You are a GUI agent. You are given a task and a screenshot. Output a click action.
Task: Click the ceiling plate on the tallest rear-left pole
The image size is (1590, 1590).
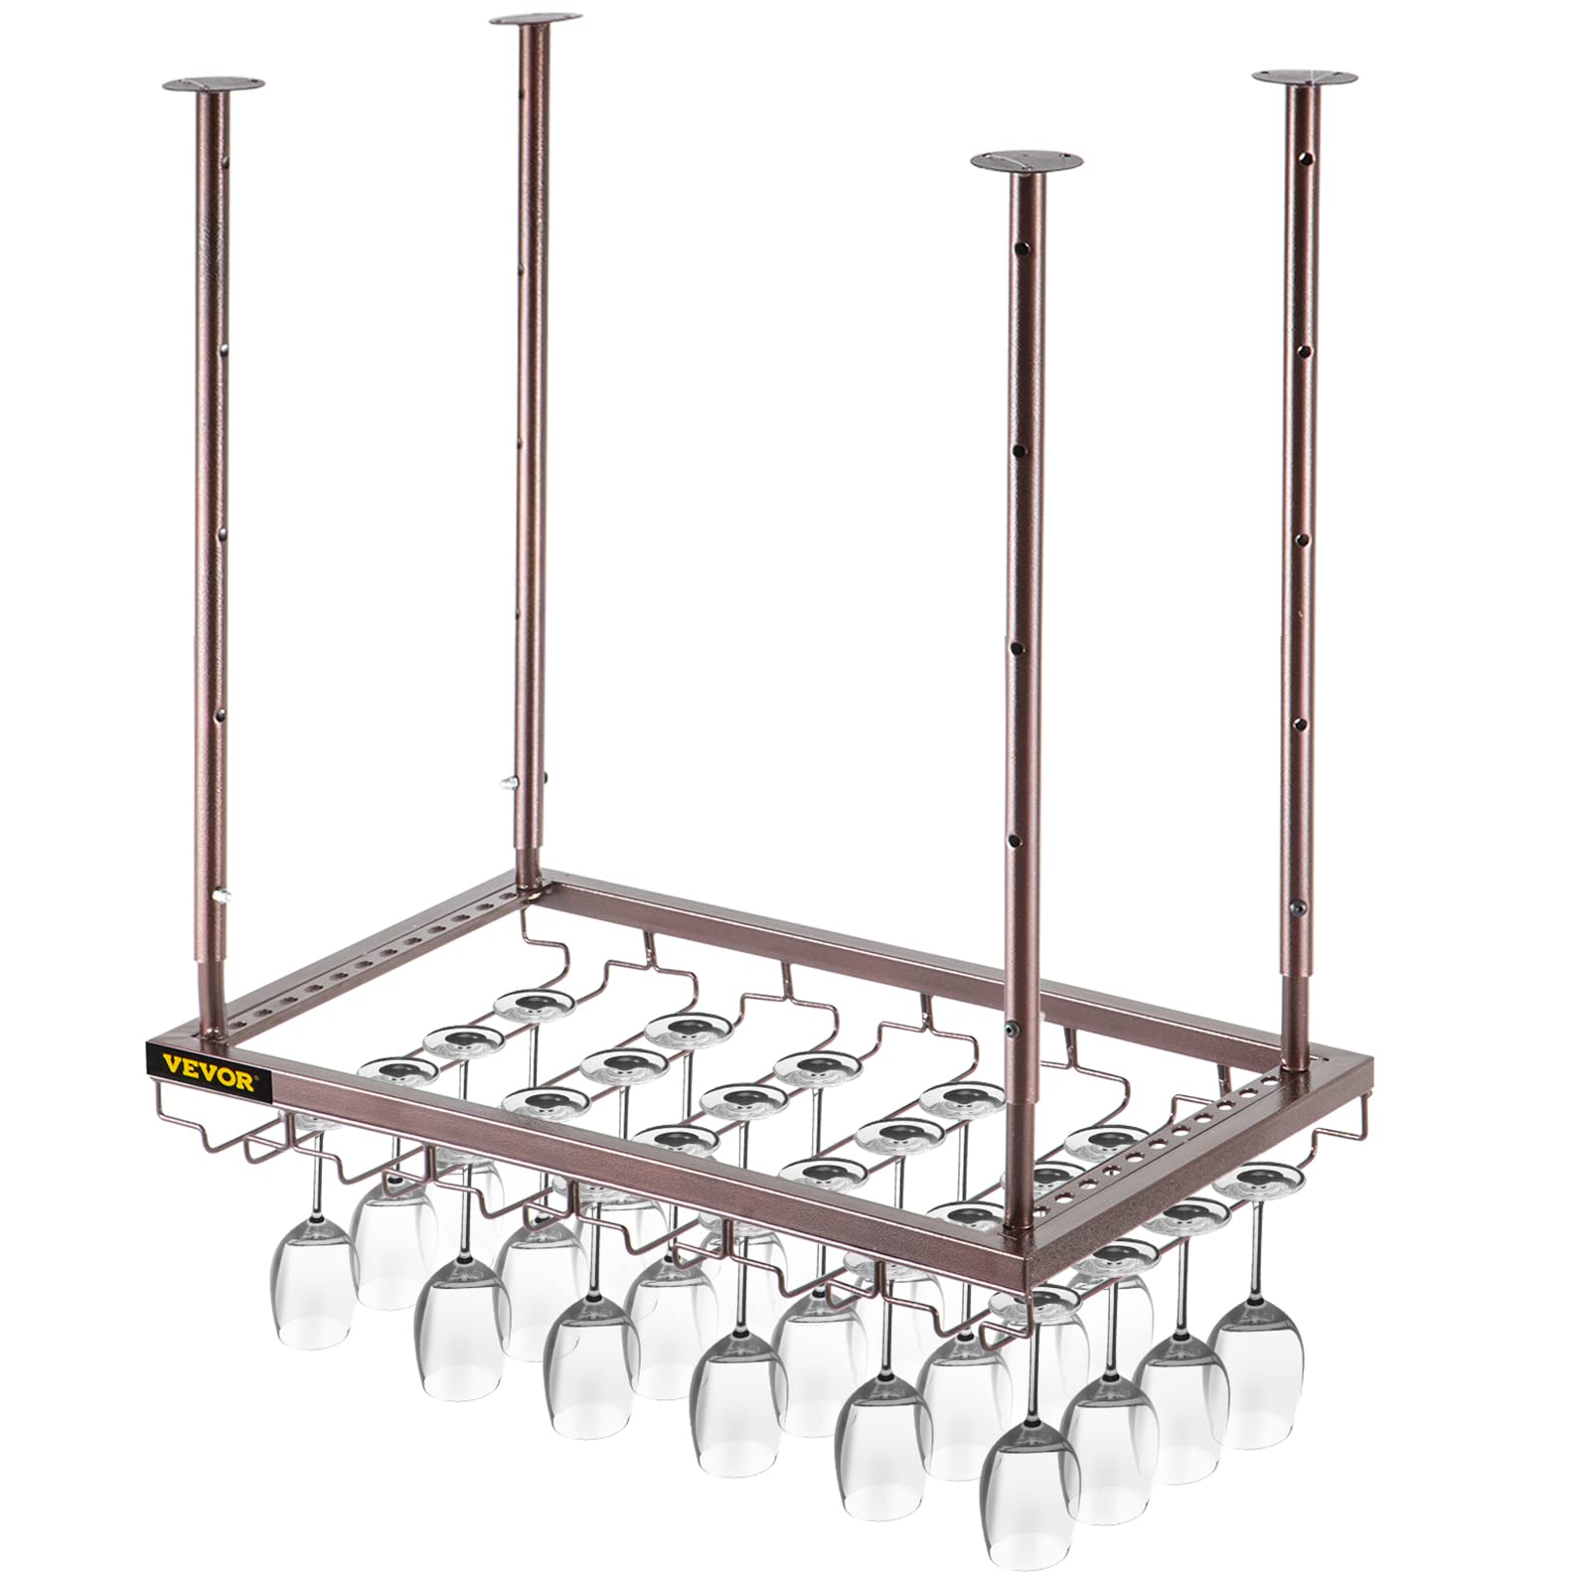(x=536, y=21)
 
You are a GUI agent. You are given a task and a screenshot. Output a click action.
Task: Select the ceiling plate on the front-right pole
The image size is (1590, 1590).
(x=1027, y=161)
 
